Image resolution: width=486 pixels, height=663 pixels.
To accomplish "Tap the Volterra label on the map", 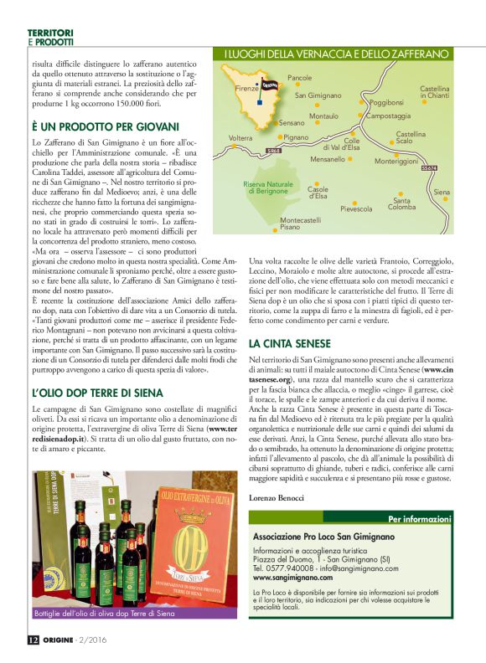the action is click(240, 137).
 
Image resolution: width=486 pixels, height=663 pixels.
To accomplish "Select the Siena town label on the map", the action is click(442, 193).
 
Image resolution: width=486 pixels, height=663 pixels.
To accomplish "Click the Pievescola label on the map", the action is click(356, 208).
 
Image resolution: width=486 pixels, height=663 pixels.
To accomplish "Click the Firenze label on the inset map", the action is click(247, 89).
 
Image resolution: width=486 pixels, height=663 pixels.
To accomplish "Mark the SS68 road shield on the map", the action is click(273, 152).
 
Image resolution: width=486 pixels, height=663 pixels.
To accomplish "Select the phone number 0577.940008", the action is click(292, 568).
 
